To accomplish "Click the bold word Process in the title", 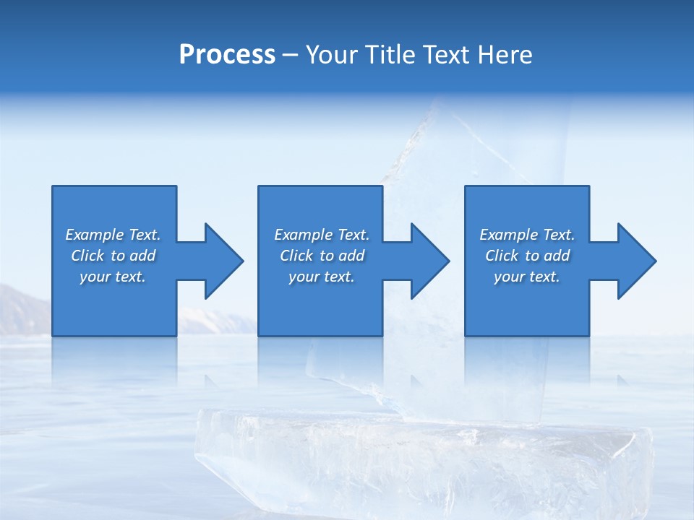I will pos(227,55).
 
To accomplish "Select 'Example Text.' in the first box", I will pos(113,235).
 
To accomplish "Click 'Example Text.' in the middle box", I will pos(321,235).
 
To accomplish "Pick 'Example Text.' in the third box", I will pos(527,235).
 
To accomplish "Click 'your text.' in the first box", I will pos(113,277).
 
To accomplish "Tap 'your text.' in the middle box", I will pos(321,277).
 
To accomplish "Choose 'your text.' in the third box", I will pos(527,277).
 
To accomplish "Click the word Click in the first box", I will pos(87,256).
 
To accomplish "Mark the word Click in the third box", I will pos(502,256).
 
